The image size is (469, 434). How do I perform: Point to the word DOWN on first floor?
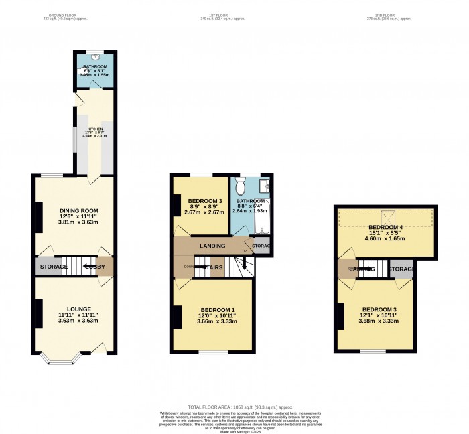coord(189,266)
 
